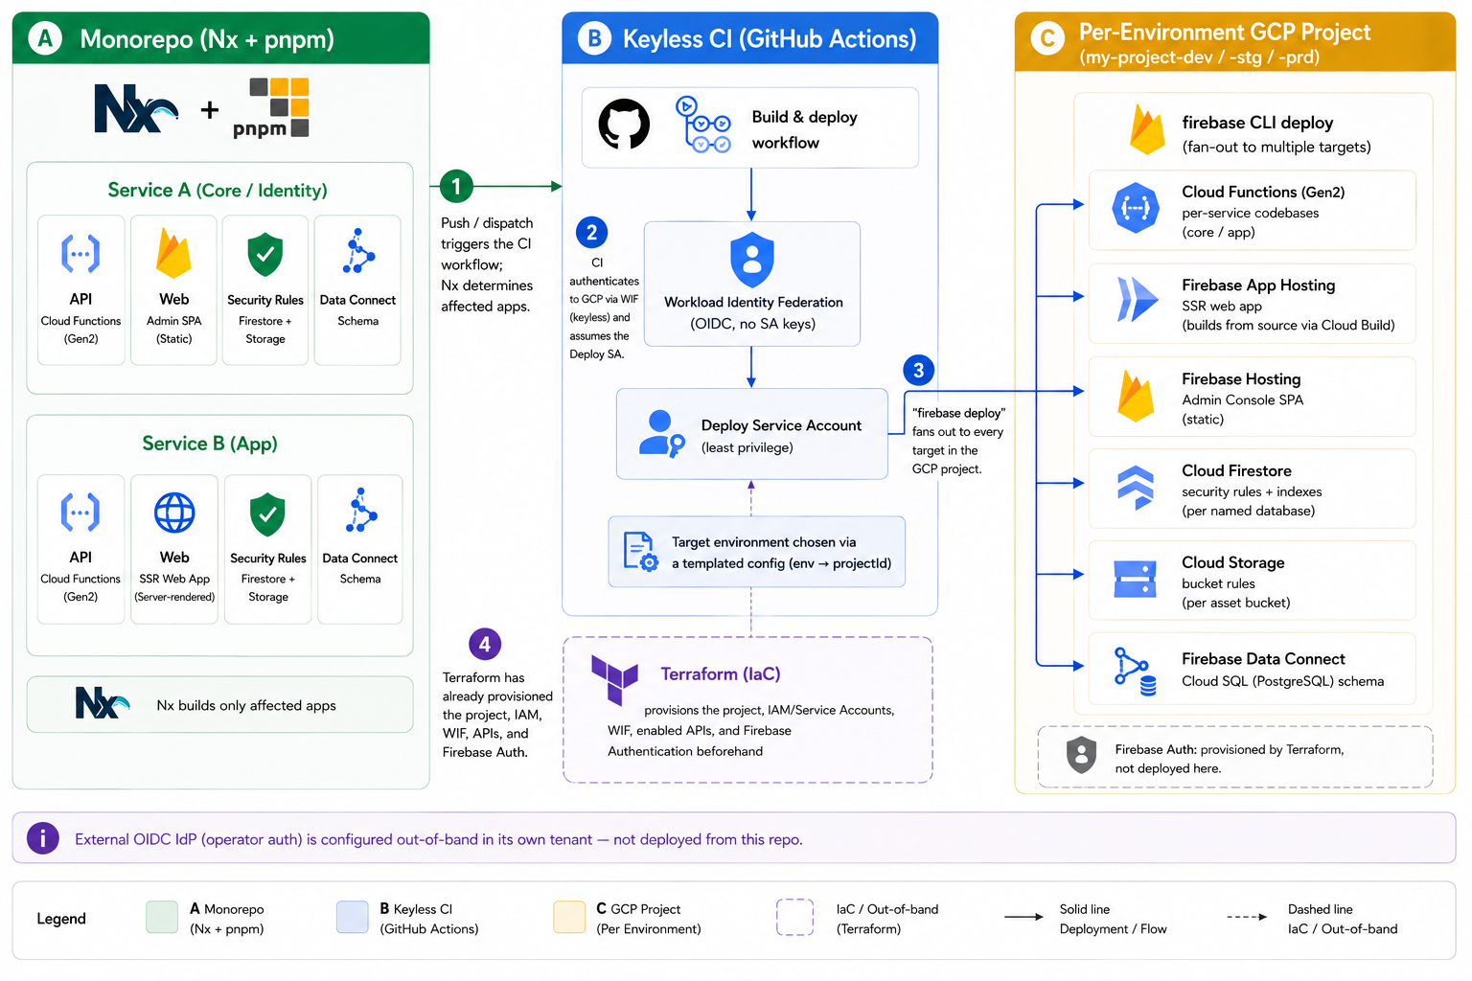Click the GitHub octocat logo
[x=624, y=125]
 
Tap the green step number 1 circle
[x=456, y=186]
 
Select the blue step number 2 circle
[x=591, y=233]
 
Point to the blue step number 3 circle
[x=919, y=371]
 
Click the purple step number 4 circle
[x=485, y=645]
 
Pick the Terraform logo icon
[x=614, y=679]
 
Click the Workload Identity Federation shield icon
[x=751, y=260]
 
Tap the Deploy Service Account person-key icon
[x=662, y=434]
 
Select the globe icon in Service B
[x=174, y=513]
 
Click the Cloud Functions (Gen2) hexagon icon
[x=1135, y=208]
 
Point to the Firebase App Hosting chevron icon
[x=1137, y=299]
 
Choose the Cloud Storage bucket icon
[x=1135, y=579]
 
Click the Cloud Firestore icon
[x=1135, y=488]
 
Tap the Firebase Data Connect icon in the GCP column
[x=1135, y=671]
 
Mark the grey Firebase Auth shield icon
[x=1081, y=754]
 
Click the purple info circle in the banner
[x=43, y=838]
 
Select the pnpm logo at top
[x=271, y=107]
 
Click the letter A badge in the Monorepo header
[x=45, y=38]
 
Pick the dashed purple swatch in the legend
[x=794, y=917]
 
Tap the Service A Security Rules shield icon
[x=264, y=254]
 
